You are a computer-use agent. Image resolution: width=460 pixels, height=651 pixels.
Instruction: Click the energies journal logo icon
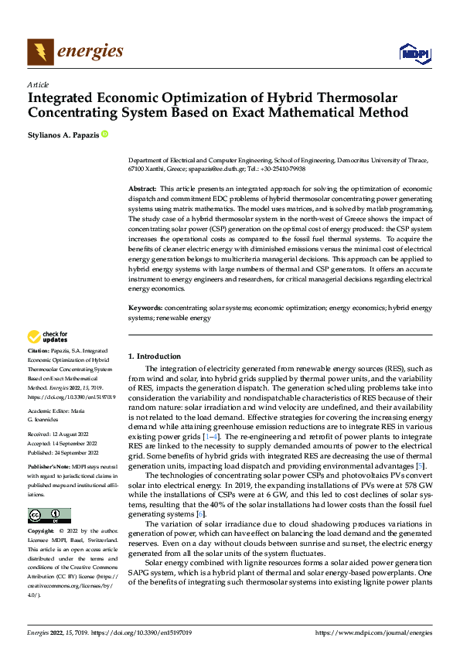click(40, 52)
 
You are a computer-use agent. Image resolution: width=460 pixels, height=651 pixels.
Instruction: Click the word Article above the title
click(38, 84)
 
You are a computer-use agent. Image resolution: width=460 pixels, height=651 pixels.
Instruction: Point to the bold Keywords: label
click(145, 308)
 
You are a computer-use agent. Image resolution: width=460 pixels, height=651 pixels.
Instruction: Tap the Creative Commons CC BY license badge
click(49, 516)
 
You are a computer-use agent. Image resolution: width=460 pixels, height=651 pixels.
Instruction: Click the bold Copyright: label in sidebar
click(42, 532)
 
